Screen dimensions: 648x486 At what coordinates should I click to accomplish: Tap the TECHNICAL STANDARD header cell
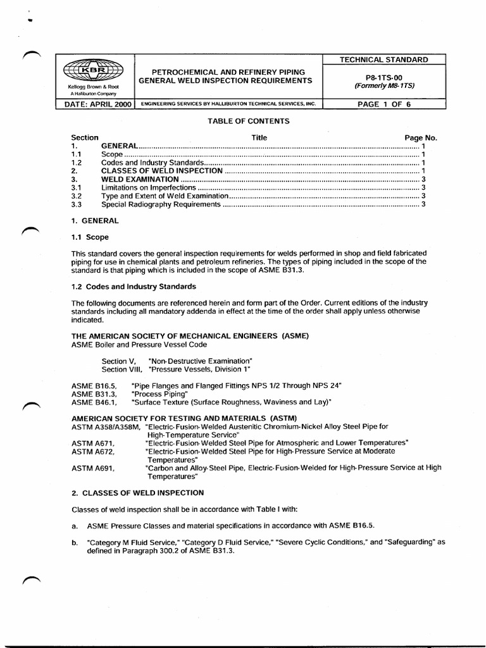pos(384,59)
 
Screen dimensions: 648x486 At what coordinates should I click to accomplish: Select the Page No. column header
pos(421,137)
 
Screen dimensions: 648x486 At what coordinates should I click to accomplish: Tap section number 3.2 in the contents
pos(77,196)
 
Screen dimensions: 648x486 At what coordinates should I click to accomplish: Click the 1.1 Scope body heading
pos(90,237)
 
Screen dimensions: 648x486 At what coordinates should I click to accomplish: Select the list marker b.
pos(75,543)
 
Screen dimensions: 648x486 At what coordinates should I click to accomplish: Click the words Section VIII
pos(122,369)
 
